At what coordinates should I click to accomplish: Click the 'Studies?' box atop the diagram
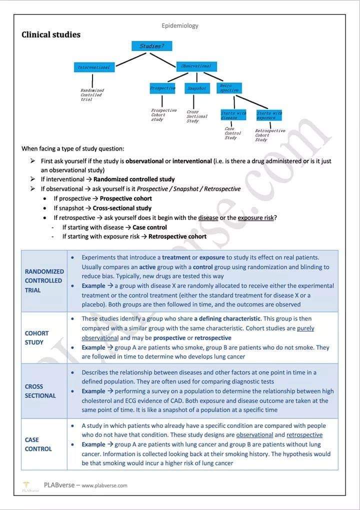point(151,46)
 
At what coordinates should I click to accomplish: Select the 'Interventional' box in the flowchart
point(93,67)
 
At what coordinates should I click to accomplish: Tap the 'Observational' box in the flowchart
point(196,66)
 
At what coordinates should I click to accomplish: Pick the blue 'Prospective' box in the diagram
point(162,88)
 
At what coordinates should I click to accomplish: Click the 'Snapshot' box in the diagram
point(196,88)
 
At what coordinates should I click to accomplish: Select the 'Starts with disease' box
point(233,115)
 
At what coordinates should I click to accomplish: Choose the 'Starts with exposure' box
point(269,115)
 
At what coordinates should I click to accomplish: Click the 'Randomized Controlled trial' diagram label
point(92,95)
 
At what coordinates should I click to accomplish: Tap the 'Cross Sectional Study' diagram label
point(196,116)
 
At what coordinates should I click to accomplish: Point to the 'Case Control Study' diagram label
point(232,133)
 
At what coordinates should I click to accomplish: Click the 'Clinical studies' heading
point(51,34)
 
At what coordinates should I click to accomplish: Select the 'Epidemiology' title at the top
point(180,25)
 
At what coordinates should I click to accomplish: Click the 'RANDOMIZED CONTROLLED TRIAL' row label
point(44,280)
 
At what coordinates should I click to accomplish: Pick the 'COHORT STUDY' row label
point(37,337)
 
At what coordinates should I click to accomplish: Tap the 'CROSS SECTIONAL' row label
point(40,391)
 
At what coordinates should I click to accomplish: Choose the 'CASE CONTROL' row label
point(38,444)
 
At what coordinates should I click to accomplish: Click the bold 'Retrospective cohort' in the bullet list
point(177,236)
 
